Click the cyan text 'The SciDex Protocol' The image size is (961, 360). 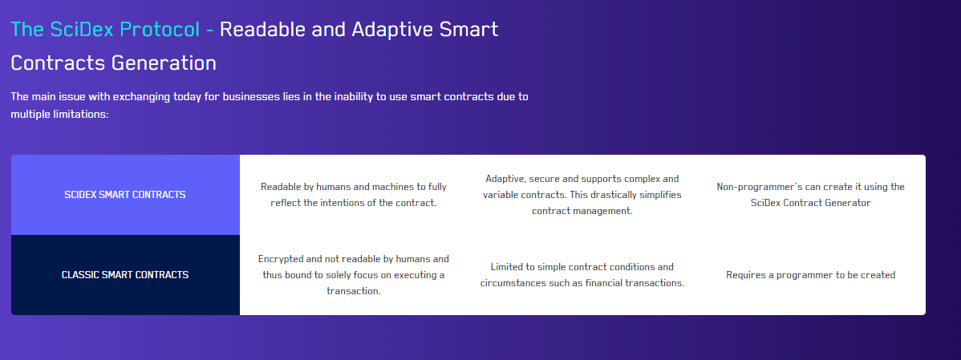click(x=105, y=29)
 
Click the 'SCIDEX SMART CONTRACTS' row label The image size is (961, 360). click(x=125, y=195)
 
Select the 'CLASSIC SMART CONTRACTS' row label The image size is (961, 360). click(x=125, y=275)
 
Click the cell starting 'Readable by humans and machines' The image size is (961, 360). click(x=354, y=195)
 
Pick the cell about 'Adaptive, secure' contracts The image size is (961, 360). click(x=582, y=195)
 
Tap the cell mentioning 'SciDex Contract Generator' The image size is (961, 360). click(x=810, y=195)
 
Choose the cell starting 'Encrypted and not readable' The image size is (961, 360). click(x=354, y=275)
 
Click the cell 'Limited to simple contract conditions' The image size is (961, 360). click(x=582, y=275)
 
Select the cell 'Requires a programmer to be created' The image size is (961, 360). click(x=810, y=275)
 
